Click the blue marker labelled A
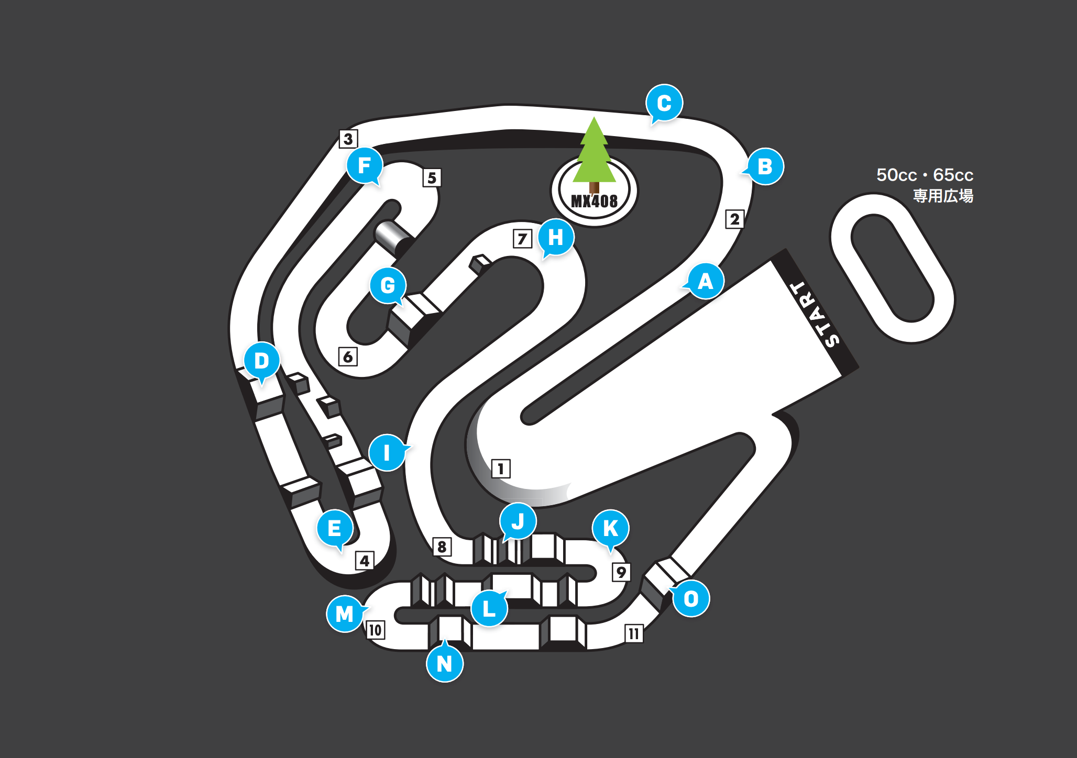[706, 281]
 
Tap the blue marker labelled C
[664, 103]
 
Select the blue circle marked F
[365, 165]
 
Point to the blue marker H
[556, 237]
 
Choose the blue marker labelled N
[445, 663]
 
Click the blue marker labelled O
[691, 598]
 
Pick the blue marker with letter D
[262, 360]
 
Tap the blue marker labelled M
[345, 614]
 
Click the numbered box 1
[501, 469]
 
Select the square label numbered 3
[348, 139]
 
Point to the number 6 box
[348, 356]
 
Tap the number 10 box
[375, 630]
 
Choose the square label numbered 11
[634, 633]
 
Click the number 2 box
[734, 219]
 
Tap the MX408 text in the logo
[594, 201]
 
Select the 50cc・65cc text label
[925, 175]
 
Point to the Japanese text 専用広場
[943, 196]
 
